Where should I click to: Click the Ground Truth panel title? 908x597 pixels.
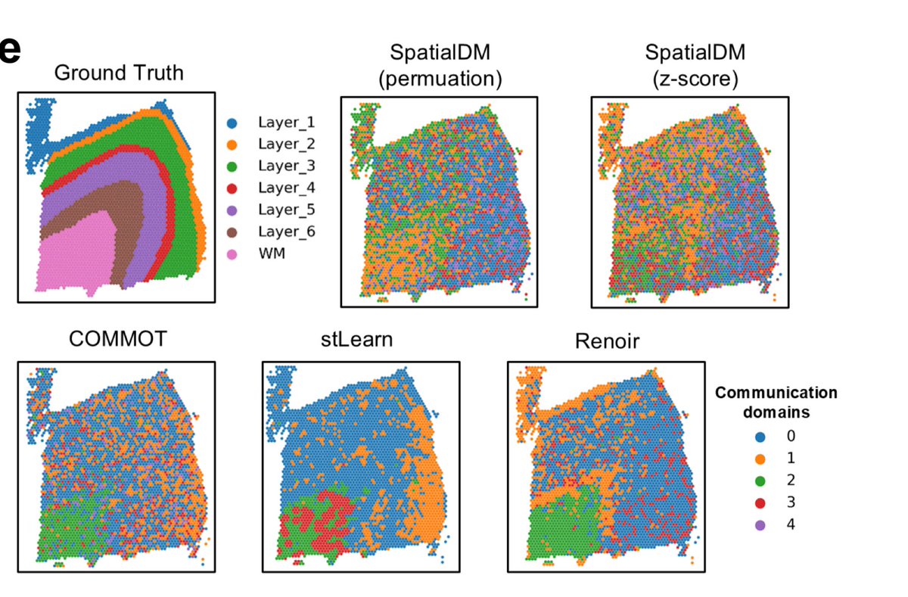tap(119, 73)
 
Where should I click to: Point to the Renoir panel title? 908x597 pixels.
tap(607, 341)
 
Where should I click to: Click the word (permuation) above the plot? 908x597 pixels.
tap(440, 78)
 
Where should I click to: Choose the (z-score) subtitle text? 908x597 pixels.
tap(695, 78)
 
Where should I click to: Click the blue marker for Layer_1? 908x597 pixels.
tap(234, 122)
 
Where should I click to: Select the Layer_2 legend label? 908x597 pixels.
tap(287, 144)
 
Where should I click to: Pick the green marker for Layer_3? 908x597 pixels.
tap(234, 166)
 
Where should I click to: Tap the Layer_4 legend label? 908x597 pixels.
tap(287, 188)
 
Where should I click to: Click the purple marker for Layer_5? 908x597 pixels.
tap(234, 210)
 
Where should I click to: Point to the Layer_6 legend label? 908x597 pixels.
tap(287, 232)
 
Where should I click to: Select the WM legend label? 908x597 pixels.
tap(270, 253)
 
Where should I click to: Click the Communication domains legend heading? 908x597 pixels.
tap(776, 403)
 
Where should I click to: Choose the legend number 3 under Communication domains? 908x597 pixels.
tap(791, 502)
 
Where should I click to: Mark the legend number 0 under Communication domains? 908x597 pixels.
tap(791, 437)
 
